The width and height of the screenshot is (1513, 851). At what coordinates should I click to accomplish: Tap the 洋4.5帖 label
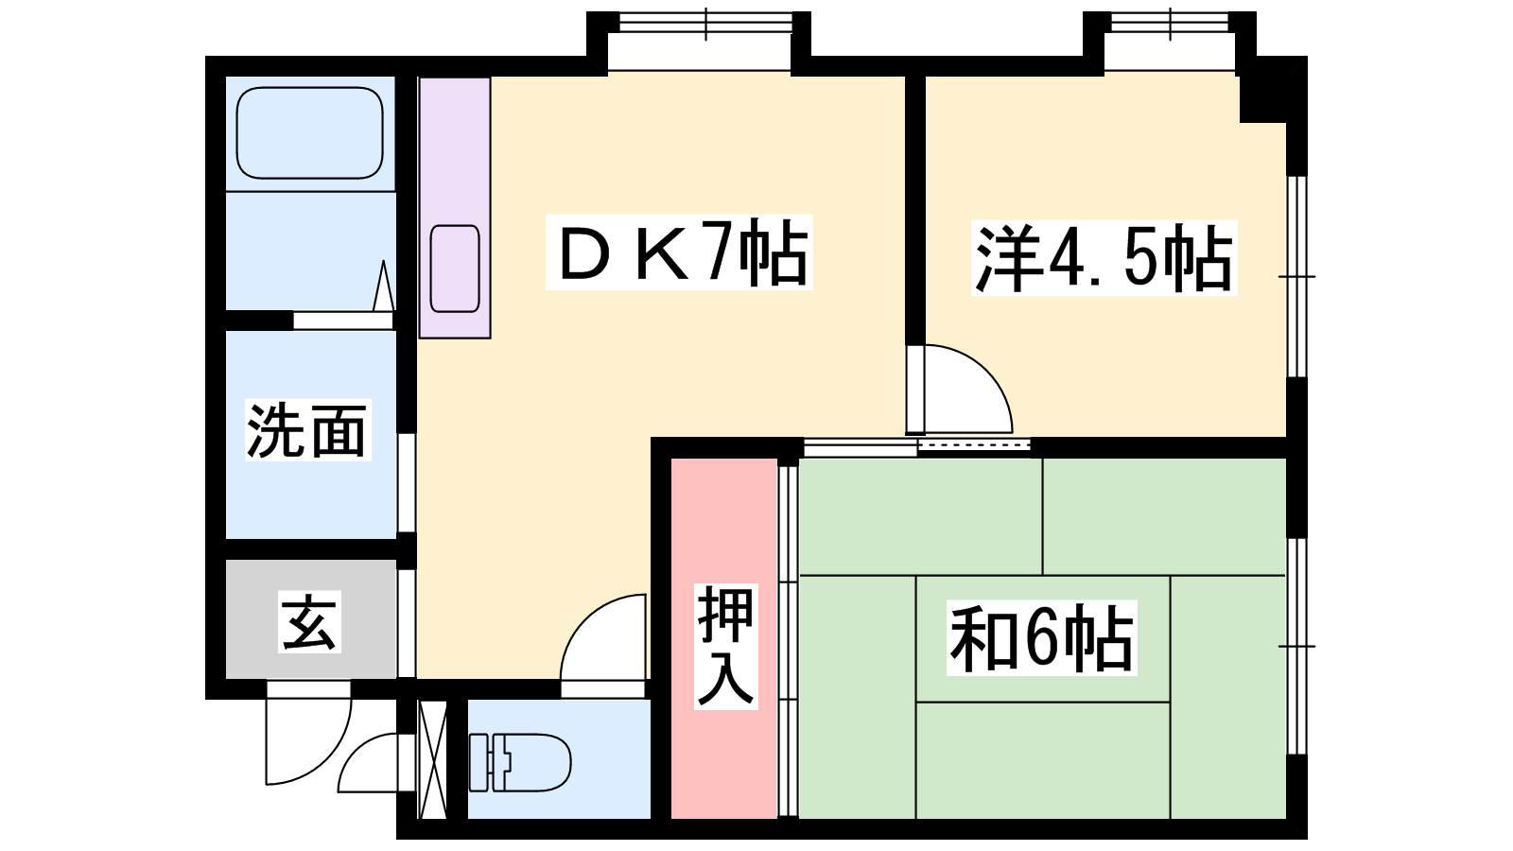(x=1104, y=257)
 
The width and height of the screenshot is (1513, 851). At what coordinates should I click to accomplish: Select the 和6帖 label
(x=1041, y=637)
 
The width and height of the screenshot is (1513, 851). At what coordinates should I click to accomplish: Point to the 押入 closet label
(x=726, y=647)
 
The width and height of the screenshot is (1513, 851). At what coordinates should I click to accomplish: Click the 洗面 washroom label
(x=307, y=430)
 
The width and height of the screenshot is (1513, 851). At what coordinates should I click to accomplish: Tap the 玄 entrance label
(x=309, y=621)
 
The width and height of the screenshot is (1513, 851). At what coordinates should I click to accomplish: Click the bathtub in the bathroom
(x=310, y=133)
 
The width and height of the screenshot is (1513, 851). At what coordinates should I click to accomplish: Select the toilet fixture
(x=520, y=762)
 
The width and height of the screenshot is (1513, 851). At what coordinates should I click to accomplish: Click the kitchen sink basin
(x=455, y=269)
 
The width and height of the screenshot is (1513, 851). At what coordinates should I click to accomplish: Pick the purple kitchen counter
(x=455, y=208)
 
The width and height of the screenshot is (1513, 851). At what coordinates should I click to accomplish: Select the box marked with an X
(x=432, y=760)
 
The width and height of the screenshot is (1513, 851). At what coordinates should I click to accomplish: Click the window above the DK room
(x=705, y=25)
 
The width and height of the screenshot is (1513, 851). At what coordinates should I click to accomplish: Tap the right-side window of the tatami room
(x=1296, y=647)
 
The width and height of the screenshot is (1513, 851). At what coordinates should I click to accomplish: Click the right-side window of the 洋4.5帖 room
(x=1296, y=276)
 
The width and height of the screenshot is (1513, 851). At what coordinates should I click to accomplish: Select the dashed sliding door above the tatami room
(x=974, y=444)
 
